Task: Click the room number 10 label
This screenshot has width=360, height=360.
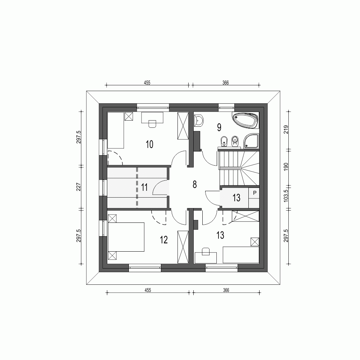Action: coord(150,144)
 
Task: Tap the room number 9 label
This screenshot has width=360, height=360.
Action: coord(219,127)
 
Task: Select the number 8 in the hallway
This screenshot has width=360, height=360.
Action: coord(195,185)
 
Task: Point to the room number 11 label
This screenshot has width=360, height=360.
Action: coord(145,187)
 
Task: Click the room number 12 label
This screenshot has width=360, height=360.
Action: coord(164,240)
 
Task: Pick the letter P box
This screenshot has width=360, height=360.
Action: coord(255,193)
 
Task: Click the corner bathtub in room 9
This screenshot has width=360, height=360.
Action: coord(246,120)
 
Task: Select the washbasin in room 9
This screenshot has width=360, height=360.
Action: coord(199,121)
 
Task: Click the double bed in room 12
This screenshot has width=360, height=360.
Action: coord(126,237)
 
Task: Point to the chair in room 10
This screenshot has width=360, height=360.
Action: coord(152,123)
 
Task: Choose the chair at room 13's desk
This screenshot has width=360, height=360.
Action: coord(206,251)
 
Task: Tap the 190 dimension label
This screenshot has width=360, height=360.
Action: coord(287,167)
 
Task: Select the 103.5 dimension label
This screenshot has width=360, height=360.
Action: coord(287,198)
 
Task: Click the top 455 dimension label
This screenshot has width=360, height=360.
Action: coord(147,82)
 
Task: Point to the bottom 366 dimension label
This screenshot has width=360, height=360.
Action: coord(226,290)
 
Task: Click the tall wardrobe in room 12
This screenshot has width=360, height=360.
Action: coord(183,247)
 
